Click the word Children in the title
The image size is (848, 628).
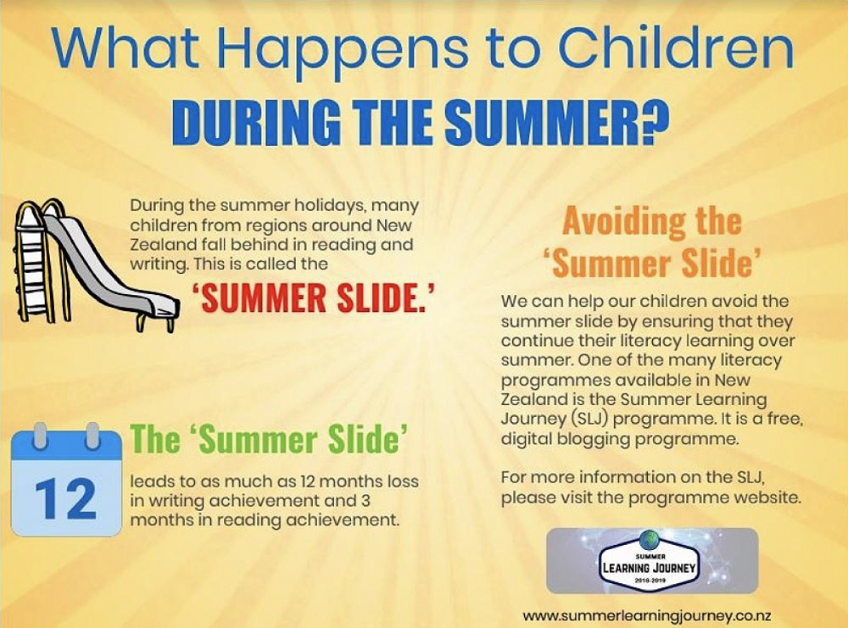tap(676, 48)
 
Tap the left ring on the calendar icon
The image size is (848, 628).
tap(40, 436)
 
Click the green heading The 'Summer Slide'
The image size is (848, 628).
tap(269, 439)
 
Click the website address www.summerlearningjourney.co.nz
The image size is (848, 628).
tap(647, 615)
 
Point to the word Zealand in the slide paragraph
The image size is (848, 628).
tap(160, 244)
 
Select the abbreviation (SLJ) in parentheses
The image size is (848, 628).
tap(582, 419)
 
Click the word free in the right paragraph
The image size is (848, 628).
tap(784, 419)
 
